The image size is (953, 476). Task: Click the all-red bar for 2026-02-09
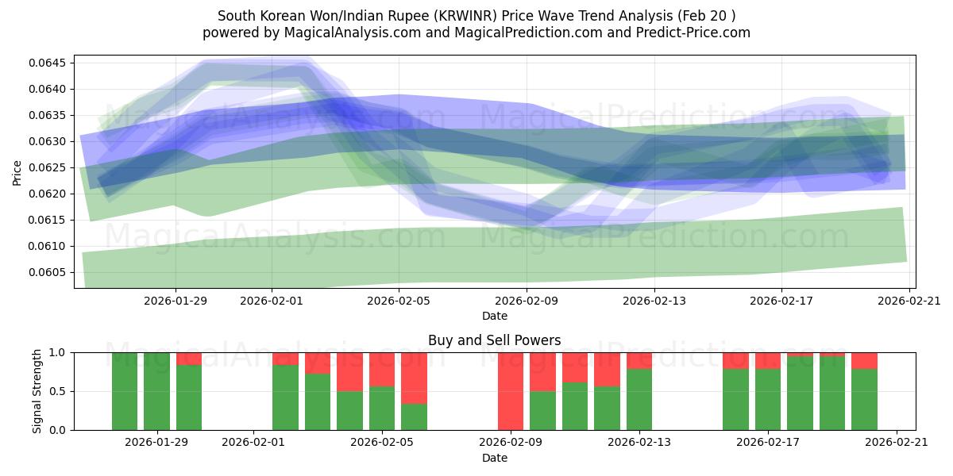tap(511, 391)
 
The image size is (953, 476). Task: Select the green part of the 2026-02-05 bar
tap(382, 409)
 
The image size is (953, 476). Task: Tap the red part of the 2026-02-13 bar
tap(639, 360)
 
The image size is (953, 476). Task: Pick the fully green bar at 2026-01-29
tap(156, 391)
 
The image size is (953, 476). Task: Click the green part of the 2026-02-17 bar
tap(768, 399)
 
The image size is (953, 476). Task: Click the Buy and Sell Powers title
tap(494, 340)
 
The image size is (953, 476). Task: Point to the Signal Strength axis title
tap(37, 391)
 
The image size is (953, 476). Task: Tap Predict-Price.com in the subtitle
tap(691, 33)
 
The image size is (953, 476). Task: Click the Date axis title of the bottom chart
tap(494, 458)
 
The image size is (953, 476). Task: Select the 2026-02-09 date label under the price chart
tap(527, 301)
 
